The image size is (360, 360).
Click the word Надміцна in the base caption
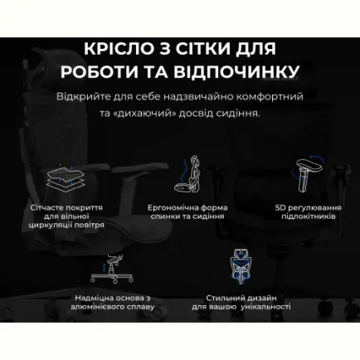[x=81, y=296]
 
